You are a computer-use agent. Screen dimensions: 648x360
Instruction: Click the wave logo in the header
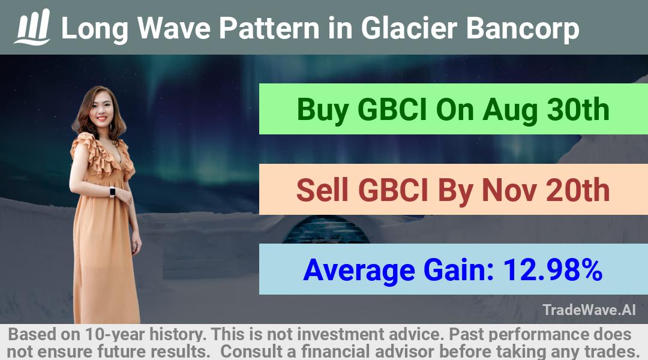pos(32,27)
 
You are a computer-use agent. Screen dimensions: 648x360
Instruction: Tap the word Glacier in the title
pos(409,28)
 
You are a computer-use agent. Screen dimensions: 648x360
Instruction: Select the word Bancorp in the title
pos(523,29)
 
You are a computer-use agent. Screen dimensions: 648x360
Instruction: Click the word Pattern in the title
pos(269,28)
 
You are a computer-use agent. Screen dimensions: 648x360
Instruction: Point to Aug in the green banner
pos(510,110)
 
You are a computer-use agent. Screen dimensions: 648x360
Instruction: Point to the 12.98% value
pos(553,270)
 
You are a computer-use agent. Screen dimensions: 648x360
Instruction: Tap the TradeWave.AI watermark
pos(589,310)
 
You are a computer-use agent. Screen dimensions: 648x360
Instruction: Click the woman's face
pos(99,107)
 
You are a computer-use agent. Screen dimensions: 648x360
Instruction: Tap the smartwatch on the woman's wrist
pos(112,192)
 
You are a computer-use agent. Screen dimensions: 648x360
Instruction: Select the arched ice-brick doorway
pos(326,229)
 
